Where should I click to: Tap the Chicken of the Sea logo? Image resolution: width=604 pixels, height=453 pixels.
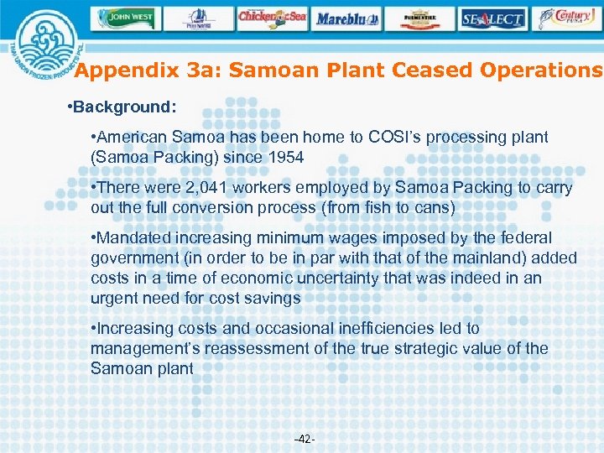[272, 18]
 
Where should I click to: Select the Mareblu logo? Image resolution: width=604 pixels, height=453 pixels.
[347, 18]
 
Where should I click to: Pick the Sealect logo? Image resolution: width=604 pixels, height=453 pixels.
[493, 18]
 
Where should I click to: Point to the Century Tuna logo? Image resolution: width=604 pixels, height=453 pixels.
[570, 18]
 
